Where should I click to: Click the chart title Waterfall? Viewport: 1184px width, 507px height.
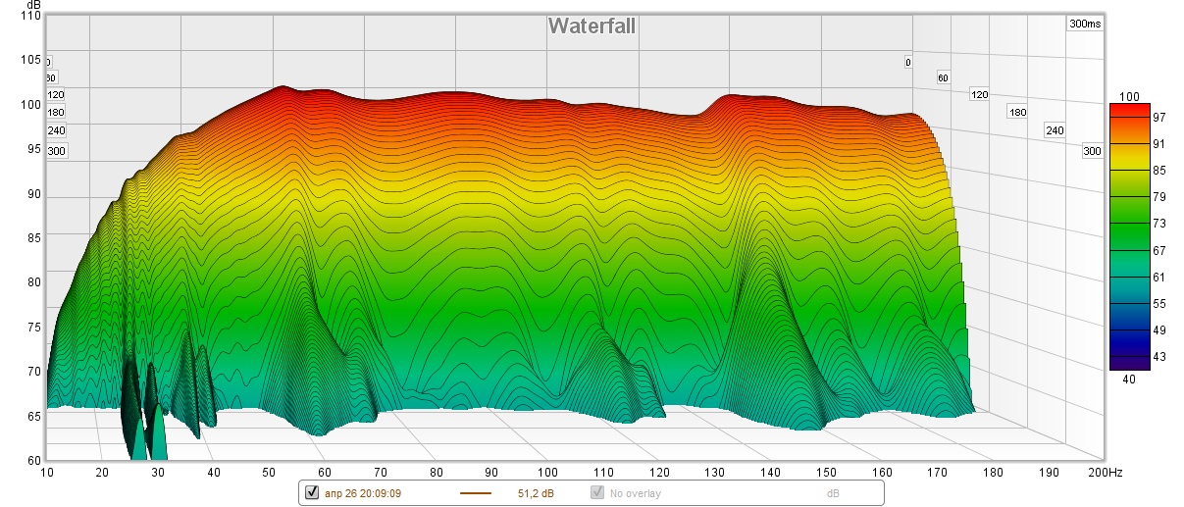[x=592, y=25]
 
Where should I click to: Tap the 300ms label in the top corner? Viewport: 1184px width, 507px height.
[x=1083, y=25]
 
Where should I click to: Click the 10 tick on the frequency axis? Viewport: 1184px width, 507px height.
[x=47, y=473]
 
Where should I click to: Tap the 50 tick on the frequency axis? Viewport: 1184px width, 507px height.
[x=269, y=473]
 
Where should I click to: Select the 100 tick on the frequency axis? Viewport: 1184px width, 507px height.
[x=547, y=473]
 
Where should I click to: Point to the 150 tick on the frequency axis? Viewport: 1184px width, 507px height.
[x=826, y=473]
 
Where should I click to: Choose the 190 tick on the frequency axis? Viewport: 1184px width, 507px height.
[x=1049, y=473]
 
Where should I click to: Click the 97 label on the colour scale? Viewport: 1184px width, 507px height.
[x=1131, y=118]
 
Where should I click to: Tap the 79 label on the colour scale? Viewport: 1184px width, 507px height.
[x=1131, y=197]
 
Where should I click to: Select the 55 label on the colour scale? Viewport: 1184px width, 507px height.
[x=1131, y=304]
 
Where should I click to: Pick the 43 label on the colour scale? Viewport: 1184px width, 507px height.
[x=1131, y=357]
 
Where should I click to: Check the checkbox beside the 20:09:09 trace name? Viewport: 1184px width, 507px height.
[x=312, y=492]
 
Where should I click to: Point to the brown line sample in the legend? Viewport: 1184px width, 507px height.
[x=475, y=492]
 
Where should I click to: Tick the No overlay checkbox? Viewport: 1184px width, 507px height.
[x=596, y=492]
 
